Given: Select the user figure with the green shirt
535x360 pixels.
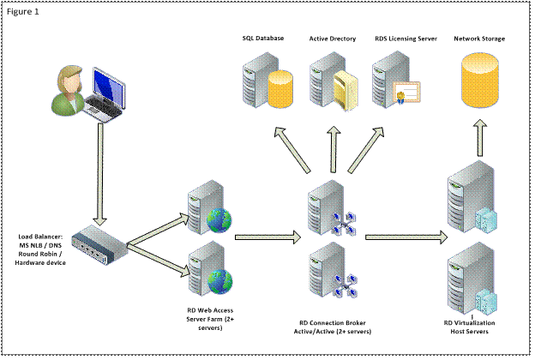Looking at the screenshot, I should pyautogui.click(x=69, y=89).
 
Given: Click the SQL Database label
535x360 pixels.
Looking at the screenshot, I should pyautogui.click(x=261, y=39).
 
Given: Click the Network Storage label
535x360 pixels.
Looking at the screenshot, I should pyautogui.click(x=479, y=39).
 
